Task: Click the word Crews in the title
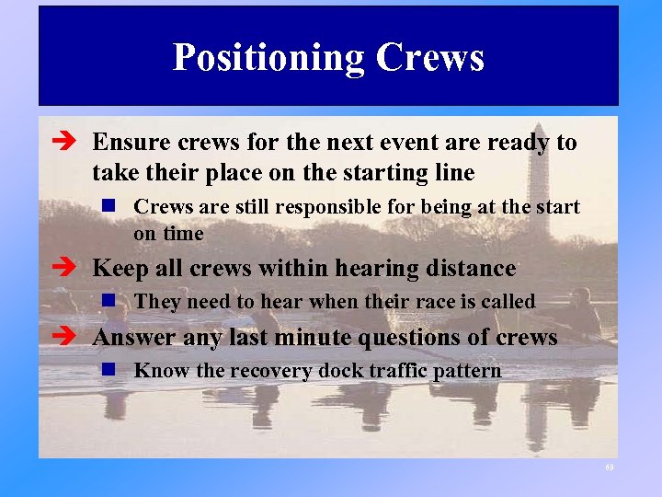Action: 429,57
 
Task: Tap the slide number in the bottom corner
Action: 609,468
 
